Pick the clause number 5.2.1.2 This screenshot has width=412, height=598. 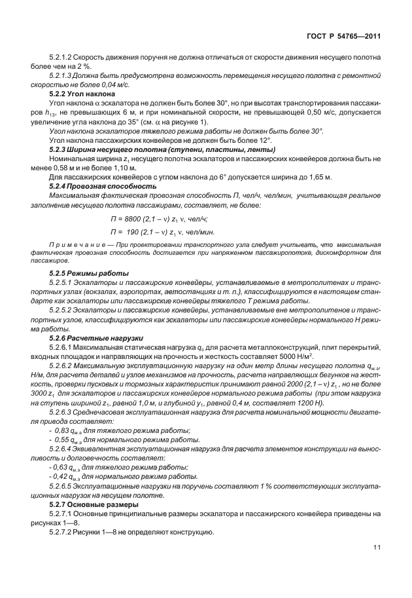point(61,60)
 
